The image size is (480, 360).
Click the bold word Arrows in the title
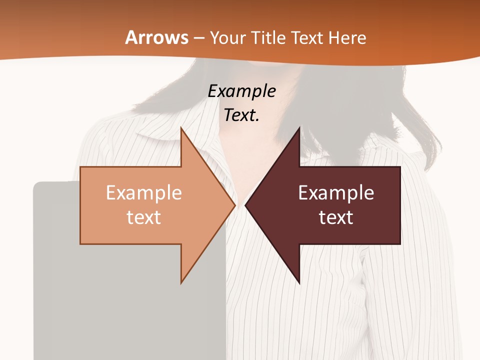[x=157, y=37]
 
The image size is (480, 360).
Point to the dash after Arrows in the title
[x=198, y=38]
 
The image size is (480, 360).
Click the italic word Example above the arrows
[x=241, y=91]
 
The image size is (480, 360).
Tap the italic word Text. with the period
[x=241, y=115]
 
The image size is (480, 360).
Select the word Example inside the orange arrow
[x=144, y=193]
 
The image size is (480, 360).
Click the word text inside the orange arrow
[x=144, y=217]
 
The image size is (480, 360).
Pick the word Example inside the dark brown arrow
[x=336, y=193]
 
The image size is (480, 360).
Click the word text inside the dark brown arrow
[x=336, y=217]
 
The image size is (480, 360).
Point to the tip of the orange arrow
[x=234, y=205]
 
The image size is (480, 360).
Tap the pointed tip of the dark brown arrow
[x=246, y=205]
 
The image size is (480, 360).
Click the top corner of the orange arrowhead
[x=181, y=128]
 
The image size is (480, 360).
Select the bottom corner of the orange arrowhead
[x=181, y=282]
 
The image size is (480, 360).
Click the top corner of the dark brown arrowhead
[x=299, y=128]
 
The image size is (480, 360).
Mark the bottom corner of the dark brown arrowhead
[x=299, y=282]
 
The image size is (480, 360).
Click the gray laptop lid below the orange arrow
[x=125, y=310]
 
